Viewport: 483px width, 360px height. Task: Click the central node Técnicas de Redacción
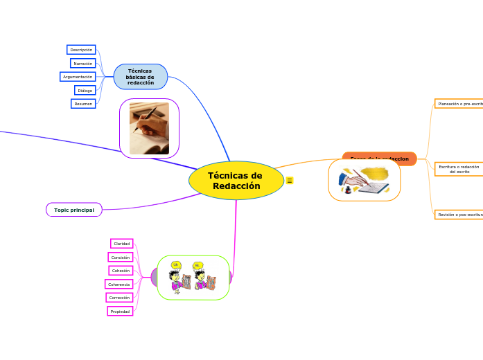pos(236,181)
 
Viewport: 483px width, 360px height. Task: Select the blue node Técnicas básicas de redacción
pos(141,77)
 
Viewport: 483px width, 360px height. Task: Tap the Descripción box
pos(81,50)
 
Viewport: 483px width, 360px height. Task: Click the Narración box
pos(82,63)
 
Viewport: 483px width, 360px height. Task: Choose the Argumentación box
pos(78,77)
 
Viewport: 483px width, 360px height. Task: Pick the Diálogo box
pos(85,90)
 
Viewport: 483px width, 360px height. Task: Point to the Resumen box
pos(83,104)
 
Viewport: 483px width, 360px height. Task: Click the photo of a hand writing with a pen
pos(149,128)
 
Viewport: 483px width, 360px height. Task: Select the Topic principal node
pos(74,210)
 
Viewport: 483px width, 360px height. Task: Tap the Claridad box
pos(122,244)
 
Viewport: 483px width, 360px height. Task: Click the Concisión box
pos(121,257)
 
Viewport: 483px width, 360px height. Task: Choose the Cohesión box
pos(121,271)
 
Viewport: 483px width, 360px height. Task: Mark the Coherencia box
pos(118,284)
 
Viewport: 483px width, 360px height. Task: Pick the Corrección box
pos(119,298)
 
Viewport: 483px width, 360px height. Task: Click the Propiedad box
pos(120,312)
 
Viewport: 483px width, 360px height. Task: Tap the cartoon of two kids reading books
pos(193,278)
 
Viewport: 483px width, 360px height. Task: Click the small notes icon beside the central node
pos(290,181)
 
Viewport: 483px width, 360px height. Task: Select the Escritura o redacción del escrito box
pos(459,169)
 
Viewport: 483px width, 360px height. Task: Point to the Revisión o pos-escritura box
pos(459,215)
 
